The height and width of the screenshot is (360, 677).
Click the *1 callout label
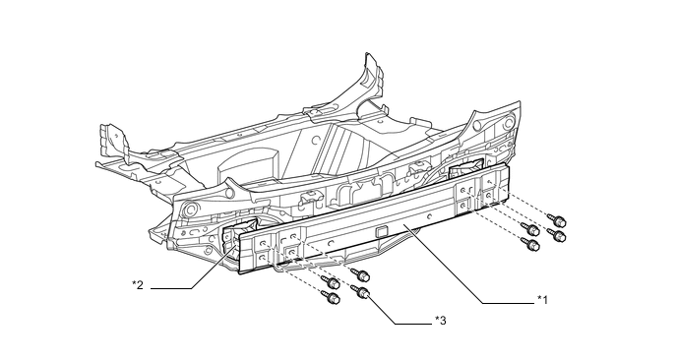pyautogui.click(x=542, y=298)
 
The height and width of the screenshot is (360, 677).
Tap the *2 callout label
pyautogui.click(x=138, y=286)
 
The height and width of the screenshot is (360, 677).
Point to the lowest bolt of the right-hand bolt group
pyautogui.click(x=531, y=246)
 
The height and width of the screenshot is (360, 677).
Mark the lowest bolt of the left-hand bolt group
pyautogui.click(x=332, y=297)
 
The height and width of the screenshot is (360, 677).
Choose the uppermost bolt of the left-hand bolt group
pyautogui.click(x=361, y=273)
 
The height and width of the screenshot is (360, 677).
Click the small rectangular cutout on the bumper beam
pyautogui.click(x=380, y=232)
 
